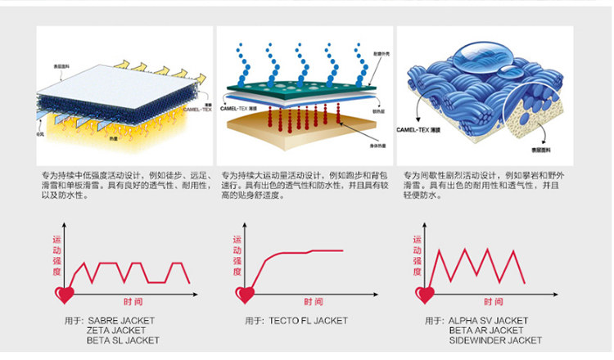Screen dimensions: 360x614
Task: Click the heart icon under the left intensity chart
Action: pos(63,292)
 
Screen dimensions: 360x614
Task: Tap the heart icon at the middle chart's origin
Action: pos(245,292)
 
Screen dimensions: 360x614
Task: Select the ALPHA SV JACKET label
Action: pos(488,321)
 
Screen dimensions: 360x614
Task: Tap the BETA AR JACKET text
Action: pos(485,330)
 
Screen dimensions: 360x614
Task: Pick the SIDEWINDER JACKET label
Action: pos(495,340)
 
